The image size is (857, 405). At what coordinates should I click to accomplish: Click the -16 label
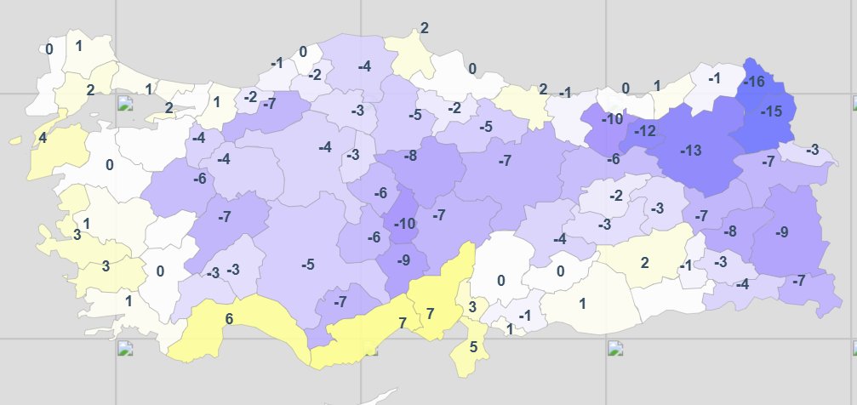(x=754, y=82)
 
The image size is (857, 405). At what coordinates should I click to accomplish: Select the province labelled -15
(x=771, y=111)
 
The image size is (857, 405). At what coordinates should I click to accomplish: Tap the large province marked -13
(x=691, y=151)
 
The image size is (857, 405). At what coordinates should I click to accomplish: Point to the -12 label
(x=645, y=131)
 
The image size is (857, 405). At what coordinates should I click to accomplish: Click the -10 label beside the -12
(x=612, y=119)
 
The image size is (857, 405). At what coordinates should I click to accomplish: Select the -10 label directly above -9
(x=403, y=224)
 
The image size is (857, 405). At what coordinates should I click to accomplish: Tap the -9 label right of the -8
(x=782, y=231)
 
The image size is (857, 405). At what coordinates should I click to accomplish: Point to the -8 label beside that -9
(x=730, y=231)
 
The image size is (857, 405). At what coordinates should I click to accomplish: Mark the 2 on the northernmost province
(x=425, y=28)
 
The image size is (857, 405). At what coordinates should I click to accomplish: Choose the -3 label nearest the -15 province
(x=813, y=150)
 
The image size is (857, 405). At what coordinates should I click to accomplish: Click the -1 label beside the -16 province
(x=714, y=78)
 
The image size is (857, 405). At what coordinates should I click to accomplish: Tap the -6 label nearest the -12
(x=614, y=159)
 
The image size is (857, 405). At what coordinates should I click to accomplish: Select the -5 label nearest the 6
(x=308, y=265)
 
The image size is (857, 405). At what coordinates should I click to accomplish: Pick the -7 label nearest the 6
(x=340, y=301)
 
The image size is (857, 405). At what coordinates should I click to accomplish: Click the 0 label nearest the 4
(x=110, y=164)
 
